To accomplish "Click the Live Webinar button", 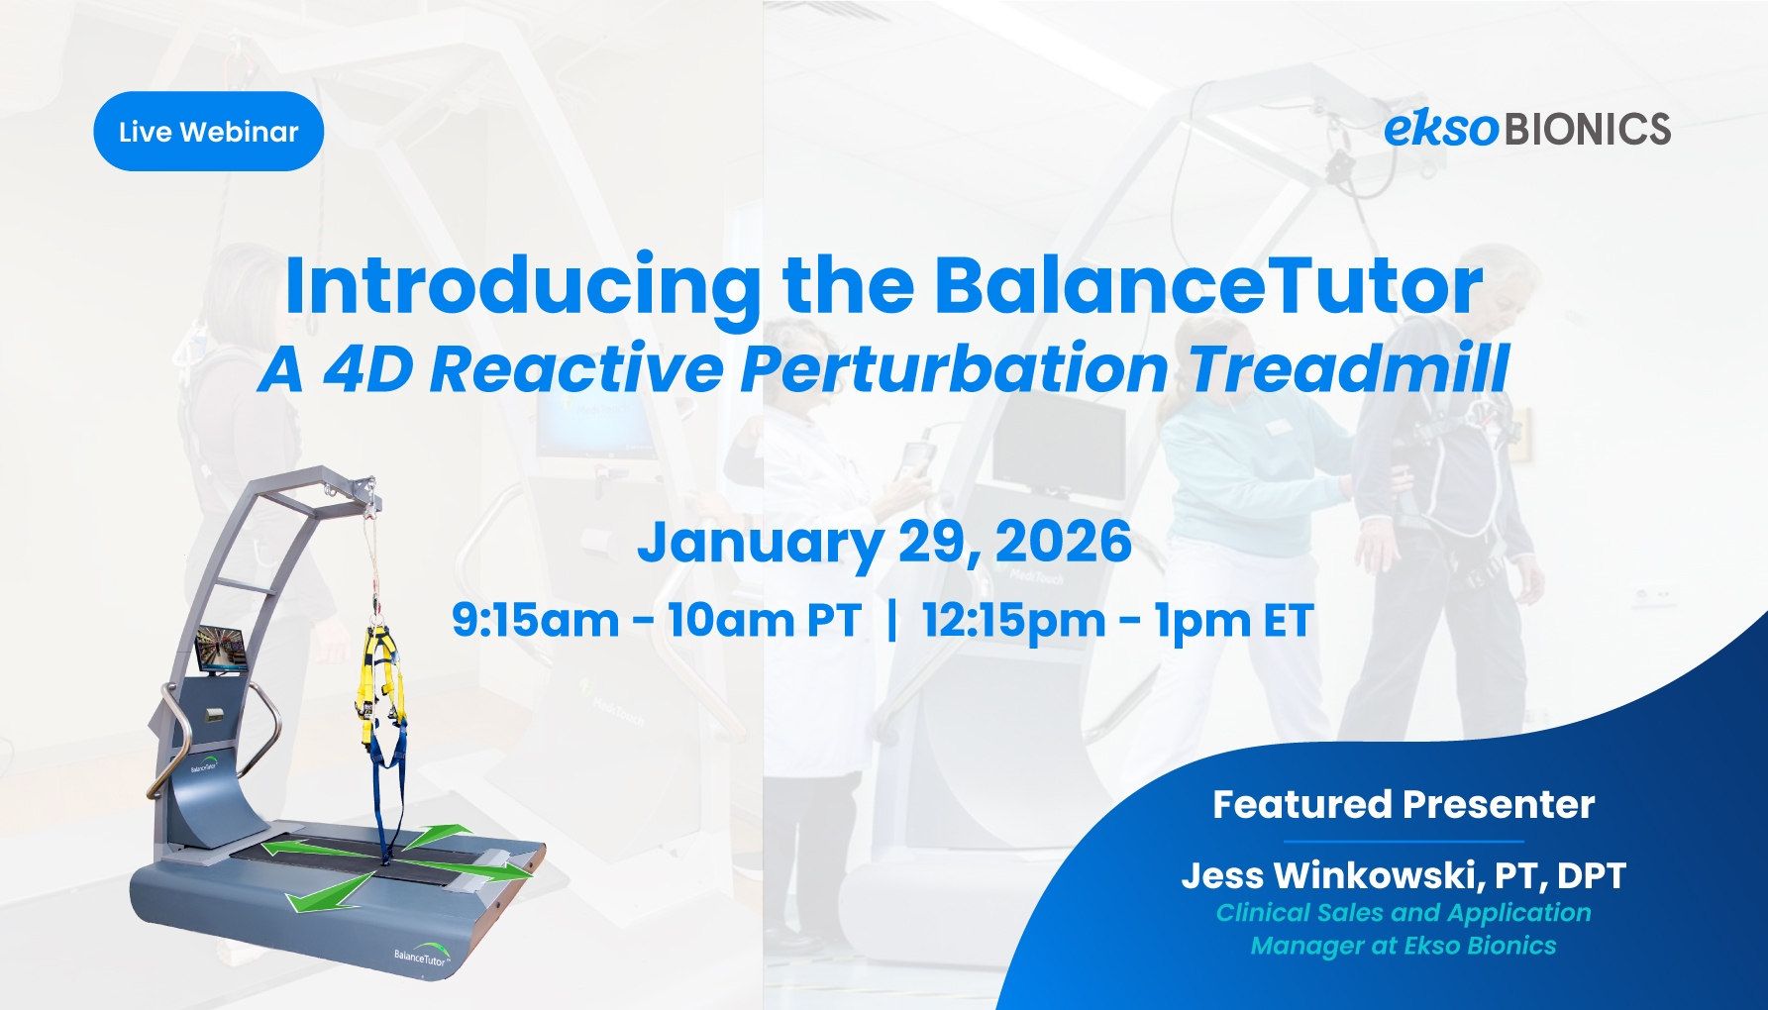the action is (x=208, y=131).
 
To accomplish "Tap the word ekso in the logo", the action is (x=1441, y=129).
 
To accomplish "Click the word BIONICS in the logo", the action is (x=1588, y=130).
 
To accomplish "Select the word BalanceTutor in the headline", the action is (x=1208, y=285).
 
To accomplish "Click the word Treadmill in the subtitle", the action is (x=1349, y=368).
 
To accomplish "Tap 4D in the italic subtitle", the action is (x=367, y=369).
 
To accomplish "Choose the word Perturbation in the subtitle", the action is (x=955, y=369).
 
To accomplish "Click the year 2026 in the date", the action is (x=1063, y=542).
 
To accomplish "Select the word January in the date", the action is (x=760, y=544).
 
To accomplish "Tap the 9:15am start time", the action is (x=535, y=620).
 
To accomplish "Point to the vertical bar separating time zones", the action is (x=892, y=621).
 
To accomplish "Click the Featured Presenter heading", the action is (x=1404, y=804).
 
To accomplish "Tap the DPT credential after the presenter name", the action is (x=1591, y=875).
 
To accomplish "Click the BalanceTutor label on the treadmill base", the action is (x=421, y=958).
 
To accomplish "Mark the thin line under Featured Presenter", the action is (x=1404, y=842).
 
